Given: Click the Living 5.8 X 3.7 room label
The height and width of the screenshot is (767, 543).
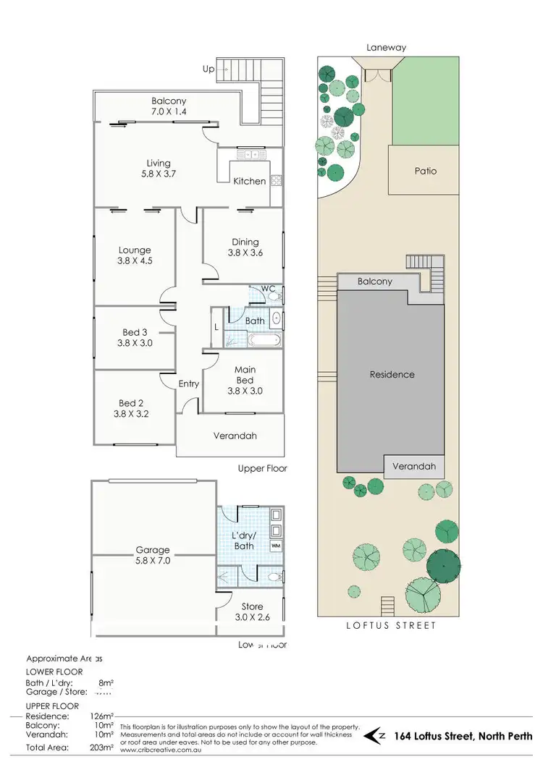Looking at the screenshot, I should click(x=159, y=169).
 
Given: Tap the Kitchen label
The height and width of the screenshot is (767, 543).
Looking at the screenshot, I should click(x=249, y=181).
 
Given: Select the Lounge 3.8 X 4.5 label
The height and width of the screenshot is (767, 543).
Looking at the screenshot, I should click(x=135, y=256).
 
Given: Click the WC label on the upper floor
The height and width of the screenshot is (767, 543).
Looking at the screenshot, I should click(x=268, y=289).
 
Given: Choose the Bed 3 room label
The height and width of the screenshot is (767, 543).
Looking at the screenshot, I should click(x=135, y=338).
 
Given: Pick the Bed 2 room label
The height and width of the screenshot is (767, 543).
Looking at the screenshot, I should click(x=135, y=409).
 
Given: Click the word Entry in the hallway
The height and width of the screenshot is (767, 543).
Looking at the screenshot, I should click(x=189, y=384).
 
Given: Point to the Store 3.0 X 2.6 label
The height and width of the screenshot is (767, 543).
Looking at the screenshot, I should click(x=252, y=612).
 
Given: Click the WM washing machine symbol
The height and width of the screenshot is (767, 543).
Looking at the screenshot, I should click(x=275, y=545).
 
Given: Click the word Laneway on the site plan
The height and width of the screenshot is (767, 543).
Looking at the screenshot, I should click(x=388, y=48).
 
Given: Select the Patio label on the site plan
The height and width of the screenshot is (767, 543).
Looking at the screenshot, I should click(x=426, y=171).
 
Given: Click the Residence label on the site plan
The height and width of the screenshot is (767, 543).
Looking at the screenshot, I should click(x=392, y=374).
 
